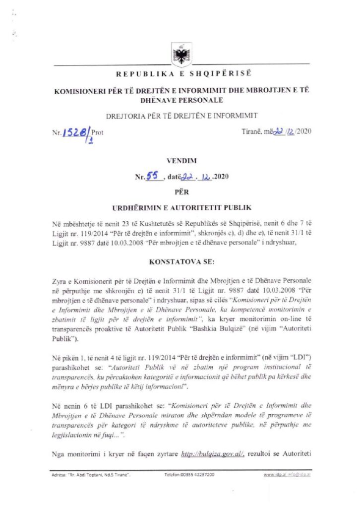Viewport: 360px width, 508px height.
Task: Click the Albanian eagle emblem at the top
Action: (x=180, y=53)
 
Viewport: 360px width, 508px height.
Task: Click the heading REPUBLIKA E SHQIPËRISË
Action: (x=184, y=74)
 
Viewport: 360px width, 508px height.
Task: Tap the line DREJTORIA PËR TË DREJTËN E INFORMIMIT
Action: (x=181, y=116)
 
